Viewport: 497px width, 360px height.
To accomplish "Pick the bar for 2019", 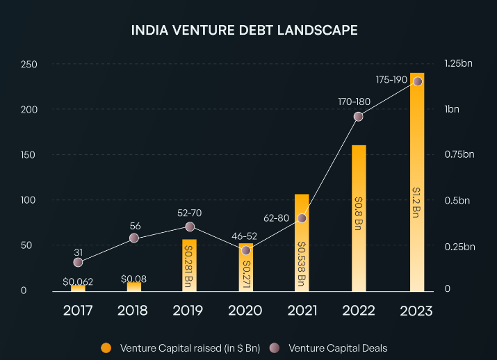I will coord(189,265).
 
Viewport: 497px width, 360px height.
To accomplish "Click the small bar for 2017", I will coord(78,288).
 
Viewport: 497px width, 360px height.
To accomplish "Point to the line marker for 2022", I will coord(359,117).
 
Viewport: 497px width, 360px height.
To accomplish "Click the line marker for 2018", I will coord(134,238).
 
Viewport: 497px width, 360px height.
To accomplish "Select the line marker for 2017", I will coord(78,262).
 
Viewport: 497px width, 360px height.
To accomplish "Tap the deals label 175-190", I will coord(391,79).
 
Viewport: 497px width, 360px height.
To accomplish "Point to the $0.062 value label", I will coord(78,281).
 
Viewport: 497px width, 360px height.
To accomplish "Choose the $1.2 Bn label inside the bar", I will coord(416,202).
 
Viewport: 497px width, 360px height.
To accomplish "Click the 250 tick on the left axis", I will coord(28,65).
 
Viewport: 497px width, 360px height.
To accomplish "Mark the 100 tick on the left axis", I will coord(28,200).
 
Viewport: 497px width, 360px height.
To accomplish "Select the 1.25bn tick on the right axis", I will coord(458,64).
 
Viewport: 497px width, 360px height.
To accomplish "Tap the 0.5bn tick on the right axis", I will coord(458,200).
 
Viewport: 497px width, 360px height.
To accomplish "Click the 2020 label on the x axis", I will coord(246,311).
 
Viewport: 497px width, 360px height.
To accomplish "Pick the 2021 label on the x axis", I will coord(302,311).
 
